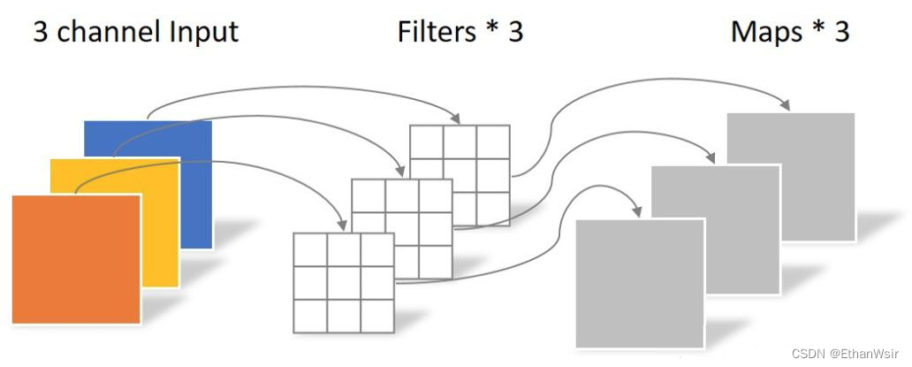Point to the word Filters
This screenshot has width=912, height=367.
click(437, 33)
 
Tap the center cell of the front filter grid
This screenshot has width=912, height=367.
click(344, 283)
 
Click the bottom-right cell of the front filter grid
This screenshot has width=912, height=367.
click(377, 316)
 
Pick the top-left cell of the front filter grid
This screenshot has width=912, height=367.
click(310, 250)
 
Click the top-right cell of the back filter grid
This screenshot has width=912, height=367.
click(494, 142)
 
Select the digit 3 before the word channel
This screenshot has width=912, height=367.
click(41, 33)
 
